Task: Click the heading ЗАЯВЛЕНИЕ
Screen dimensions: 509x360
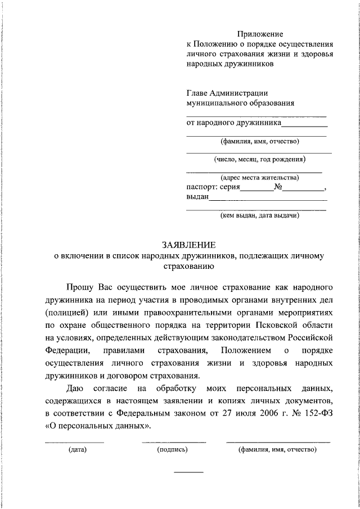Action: coord(188,245)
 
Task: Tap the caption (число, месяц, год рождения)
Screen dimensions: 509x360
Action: coord(259,159)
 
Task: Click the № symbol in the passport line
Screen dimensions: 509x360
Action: coord(278,187)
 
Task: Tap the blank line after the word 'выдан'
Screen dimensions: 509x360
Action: coord(268,200)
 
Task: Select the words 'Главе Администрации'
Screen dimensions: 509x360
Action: coord(227,93)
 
